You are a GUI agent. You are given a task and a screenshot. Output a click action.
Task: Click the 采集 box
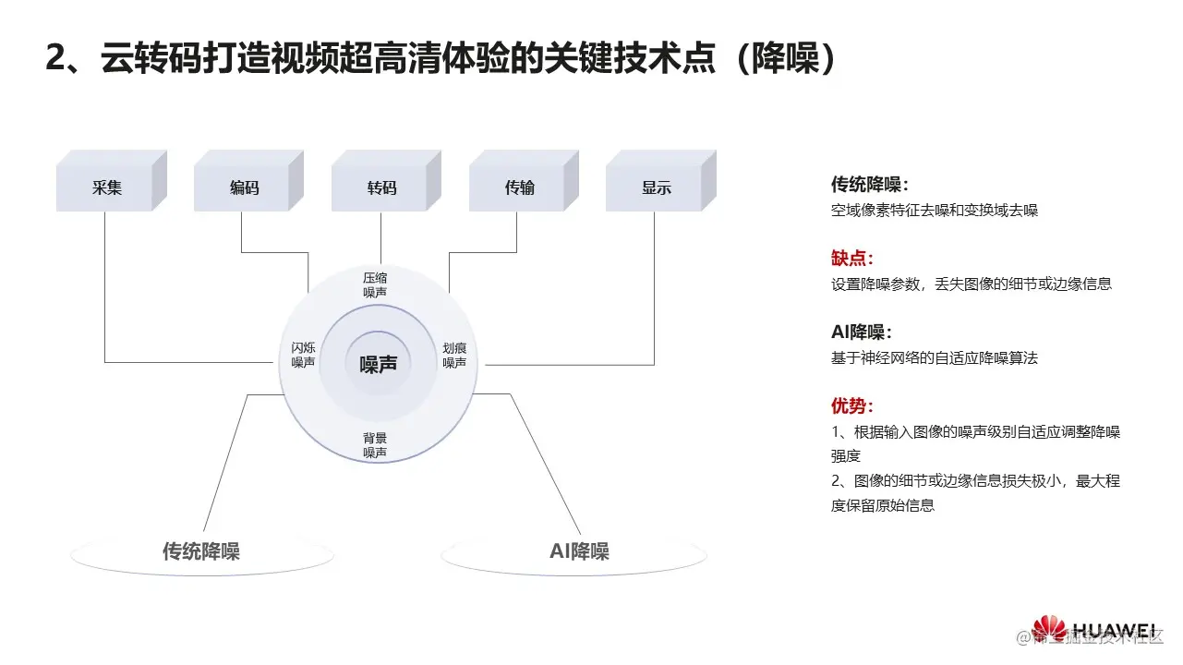pos(107,187)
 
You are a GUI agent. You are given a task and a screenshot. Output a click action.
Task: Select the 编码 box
pos(245,187)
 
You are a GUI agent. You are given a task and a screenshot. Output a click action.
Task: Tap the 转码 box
pos(381,187)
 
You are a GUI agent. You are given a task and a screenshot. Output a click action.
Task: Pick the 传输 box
pos(519,187)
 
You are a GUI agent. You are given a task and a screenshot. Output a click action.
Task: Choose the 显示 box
pos(656,187)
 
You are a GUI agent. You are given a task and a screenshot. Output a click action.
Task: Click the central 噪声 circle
pos(378,364)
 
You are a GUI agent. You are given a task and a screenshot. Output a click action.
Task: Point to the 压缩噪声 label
pos(375,284)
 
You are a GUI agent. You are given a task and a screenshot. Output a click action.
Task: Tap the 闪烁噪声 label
pos(303,355)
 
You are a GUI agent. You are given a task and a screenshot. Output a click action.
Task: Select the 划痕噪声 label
pos(454,355)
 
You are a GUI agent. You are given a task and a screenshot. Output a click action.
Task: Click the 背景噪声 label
pos(375,445)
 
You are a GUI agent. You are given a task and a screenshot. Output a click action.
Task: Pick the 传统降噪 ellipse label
pos(201,551)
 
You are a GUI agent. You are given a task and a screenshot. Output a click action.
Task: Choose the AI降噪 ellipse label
pos(579,551)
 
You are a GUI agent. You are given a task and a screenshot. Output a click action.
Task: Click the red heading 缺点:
pos(851,258)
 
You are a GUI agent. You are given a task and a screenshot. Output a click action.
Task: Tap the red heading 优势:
pos(851,406)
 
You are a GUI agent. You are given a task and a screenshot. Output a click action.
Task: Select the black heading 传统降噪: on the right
pos(869,184)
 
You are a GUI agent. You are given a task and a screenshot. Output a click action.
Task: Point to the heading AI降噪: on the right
pos(862,332)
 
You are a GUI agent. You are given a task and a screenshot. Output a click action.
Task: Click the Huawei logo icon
pos(1049,629)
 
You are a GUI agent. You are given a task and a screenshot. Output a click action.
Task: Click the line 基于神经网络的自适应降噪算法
pos(934,357)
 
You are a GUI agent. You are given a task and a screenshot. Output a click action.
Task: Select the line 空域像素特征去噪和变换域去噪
pos(934,210)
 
